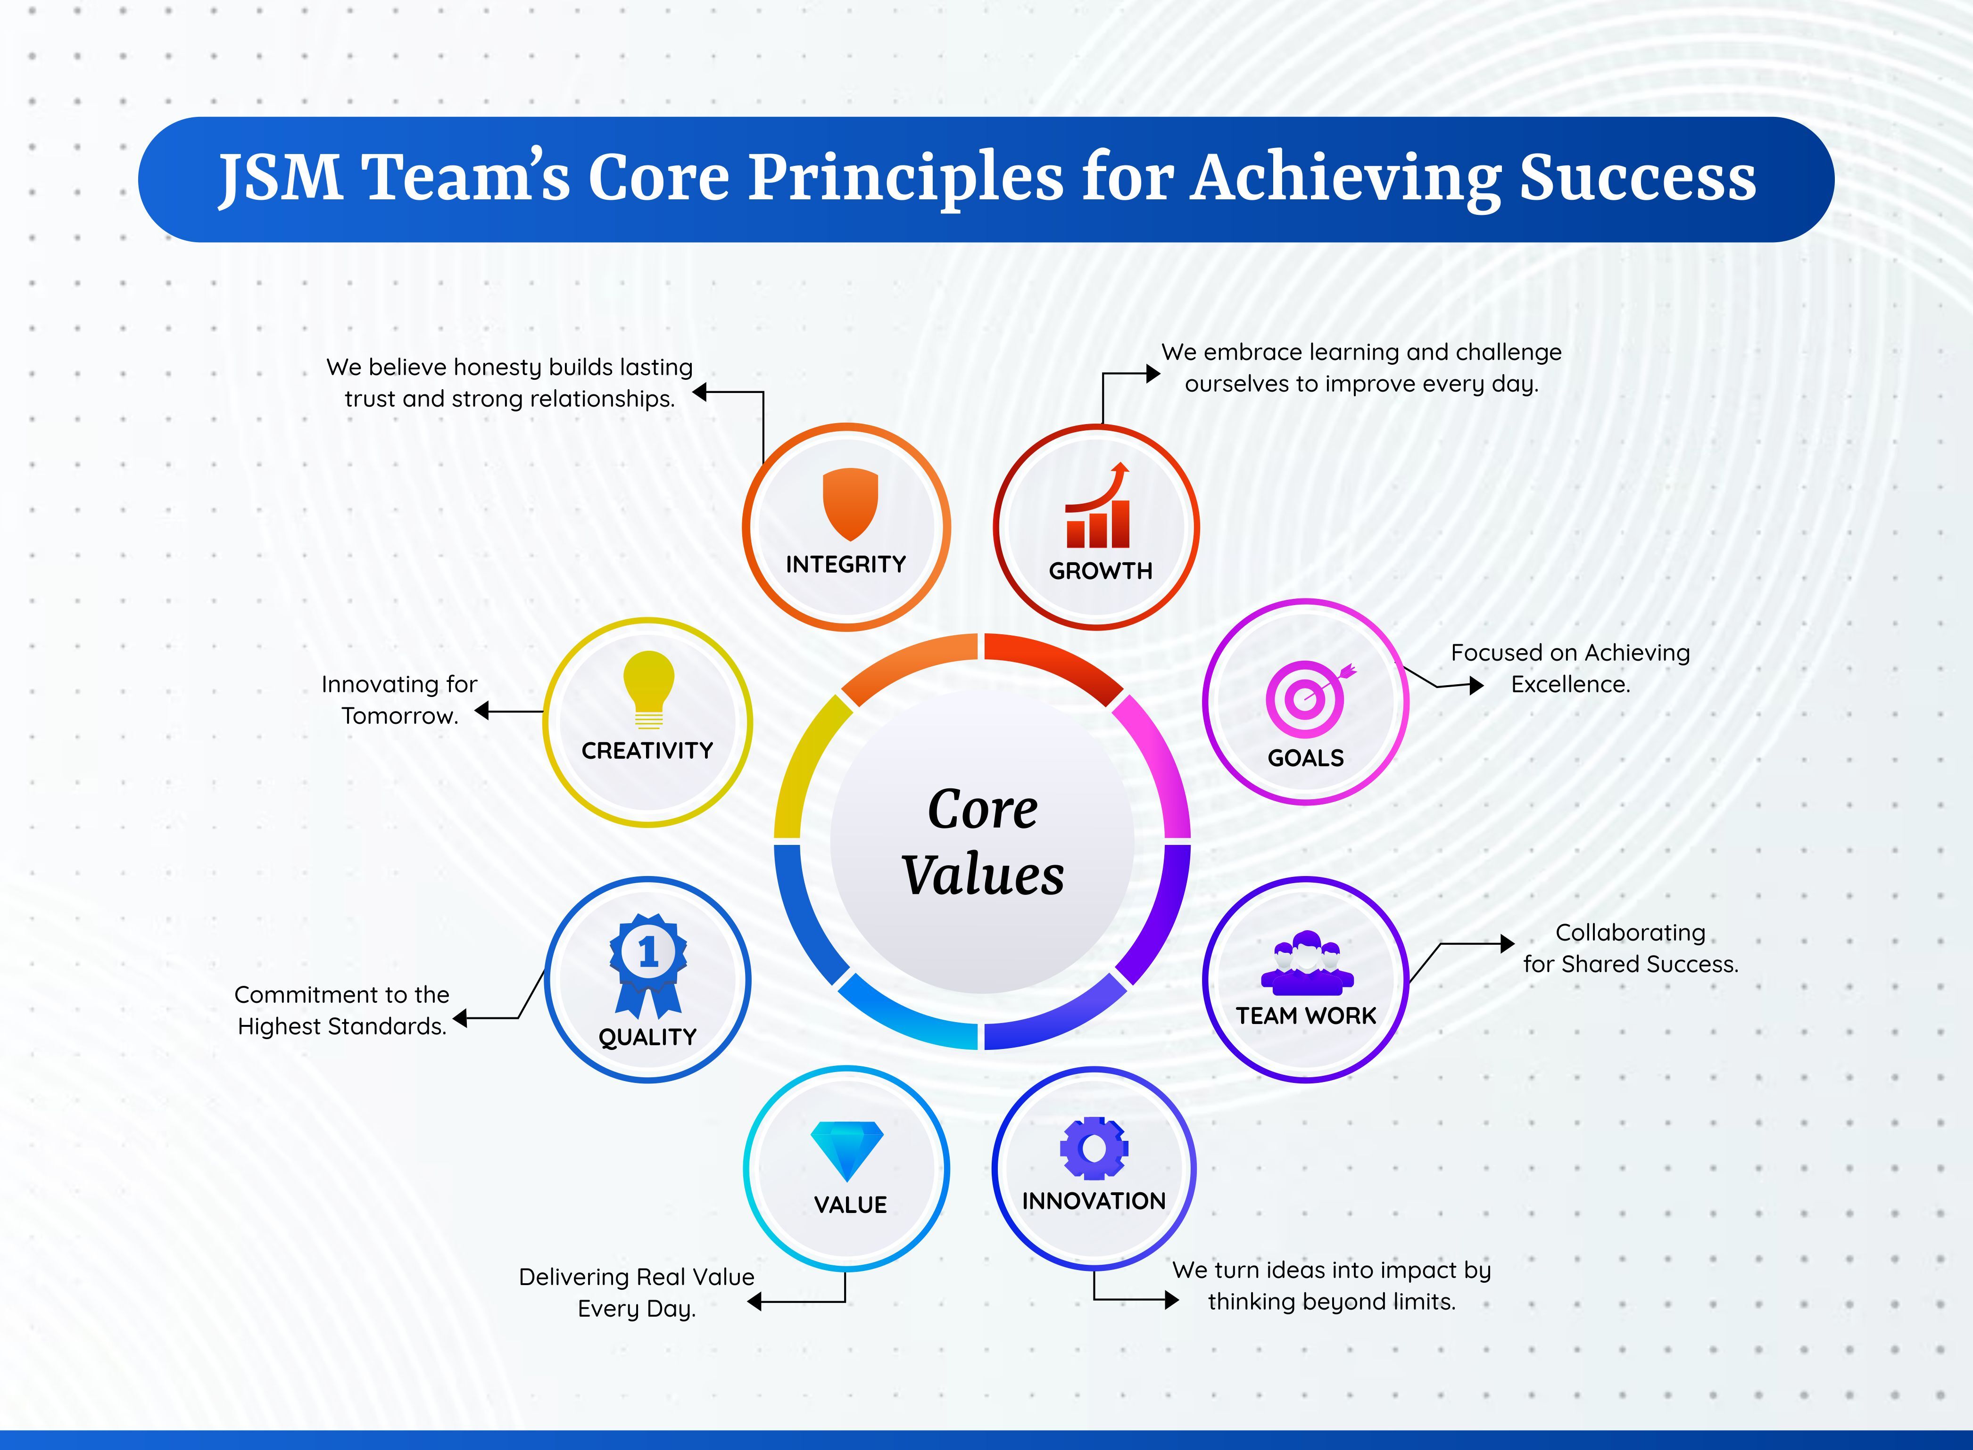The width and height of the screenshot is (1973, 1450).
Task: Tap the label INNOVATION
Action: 1094,1201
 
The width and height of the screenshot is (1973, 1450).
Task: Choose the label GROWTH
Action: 1100,571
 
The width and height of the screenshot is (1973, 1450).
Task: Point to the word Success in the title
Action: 1638,178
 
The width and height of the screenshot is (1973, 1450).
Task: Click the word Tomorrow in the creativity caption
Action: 399,716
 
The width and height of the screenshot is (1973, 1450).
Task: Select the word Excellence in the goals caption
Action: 1570,685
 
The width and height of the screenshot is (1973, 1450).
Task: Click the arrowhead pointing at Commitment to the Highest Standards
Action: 460,1018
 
